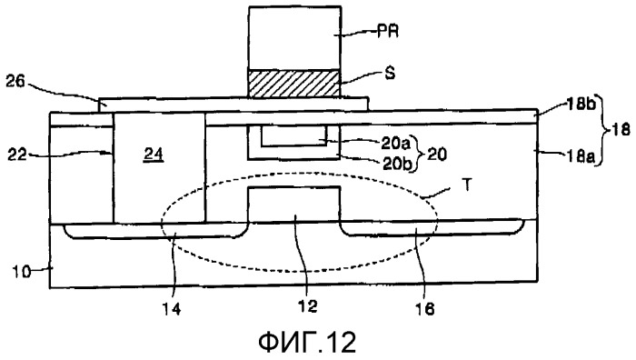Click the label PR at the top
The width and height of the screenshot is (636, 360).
pyautogui.click(x=387, y=31)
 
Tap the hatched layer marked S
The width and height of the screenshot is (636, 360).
pyautogui.click(x=294, y=84)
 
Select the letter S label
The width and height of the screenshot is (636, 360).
pyautogui.click(x=390, y=74)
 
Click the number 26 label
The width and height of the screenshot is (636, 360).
pyautogui.click(x=15, y=82)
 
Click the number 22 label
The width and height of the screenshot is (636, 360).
pyautogui.click(x=17, y=155)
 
